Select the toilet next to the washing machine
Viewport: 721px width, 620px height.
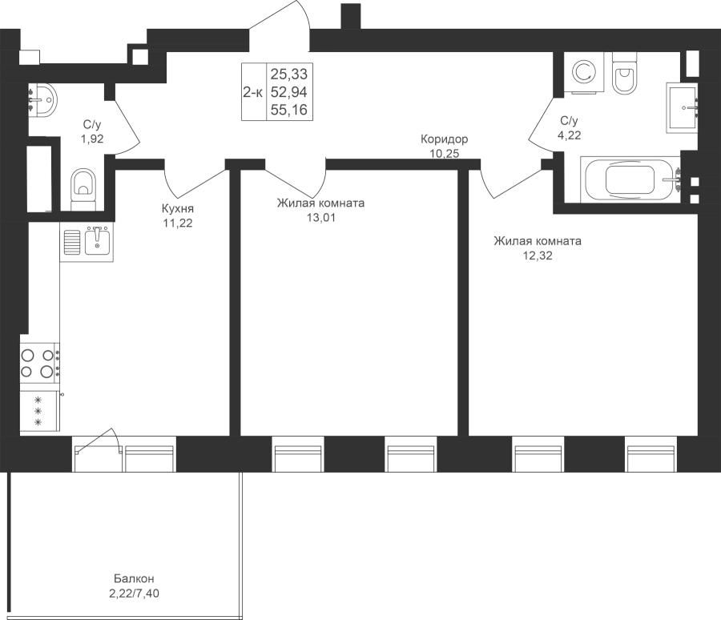623,73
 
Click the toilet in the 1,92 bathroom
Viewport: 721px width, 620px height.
83,187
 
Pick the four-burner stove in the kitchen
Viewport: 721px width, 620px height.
39,362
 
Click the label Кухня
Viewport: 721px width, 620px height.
177,211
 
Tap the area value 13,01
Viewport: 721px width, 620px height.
321,216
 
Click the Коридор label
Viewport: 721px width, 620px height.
445,139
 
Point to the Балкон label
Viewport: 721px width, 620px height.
133,578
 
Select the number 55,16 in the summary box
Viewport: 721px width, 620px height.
288,110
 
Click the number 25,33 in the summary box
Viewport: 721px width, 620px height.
288,74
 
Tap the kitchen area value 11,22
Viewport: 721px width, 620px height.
177,223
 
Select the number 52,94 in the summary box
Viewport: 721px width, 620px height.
288,92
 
